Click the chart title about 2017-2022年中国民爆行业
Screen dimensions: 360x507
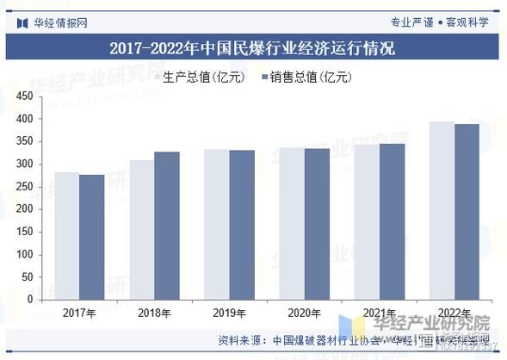coord(252,49)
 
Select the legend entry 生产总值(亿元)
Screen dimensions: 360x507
coord(205,78)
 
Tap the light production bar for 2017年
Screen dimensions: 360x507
coord(66,235)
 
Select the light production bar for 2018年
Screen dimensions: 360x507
coord(141,229)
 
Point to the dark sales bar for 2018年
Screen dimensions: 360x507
coord(166,226)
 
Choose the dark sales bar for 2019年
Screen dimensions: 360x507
coord(241,225)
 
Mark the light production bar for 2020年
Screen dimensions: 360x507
coord(291,224)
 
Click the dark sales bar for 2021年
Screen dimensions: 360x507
coord(392,221)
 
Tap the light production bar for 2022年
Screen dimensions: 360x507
coord(442,210)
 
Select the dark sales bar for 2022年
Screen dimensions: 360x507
coord(467,212)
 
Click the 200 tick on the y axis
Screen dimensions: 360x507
coord(25,209)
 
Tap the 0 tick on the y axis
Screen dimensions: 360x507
coord(30,300)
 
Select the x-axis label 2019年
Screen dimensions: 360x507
coord(229,312)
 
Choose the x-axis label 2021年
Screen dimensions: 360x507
coord(379,312)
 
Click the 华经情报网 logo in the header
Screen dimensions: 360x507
coord(52,22)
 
